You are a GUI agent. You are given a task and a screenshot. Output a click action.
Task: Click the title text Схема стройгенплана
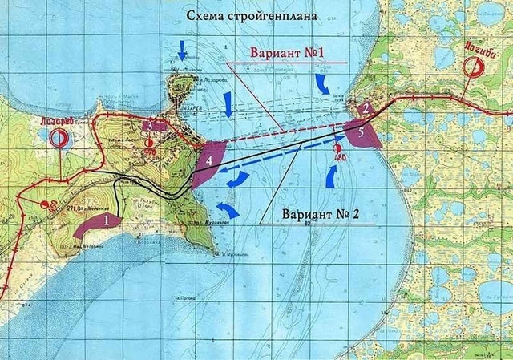coord(250,15)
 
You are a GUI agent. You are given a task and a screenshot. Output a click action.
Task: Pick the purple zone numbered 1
coord(98,224)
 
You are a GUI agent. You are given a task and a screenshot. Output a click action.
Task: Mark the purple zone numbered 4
coord(207,163)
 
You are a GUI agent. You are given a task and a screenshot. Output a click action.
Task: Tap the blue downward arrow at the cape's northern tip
coord(182,52)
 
